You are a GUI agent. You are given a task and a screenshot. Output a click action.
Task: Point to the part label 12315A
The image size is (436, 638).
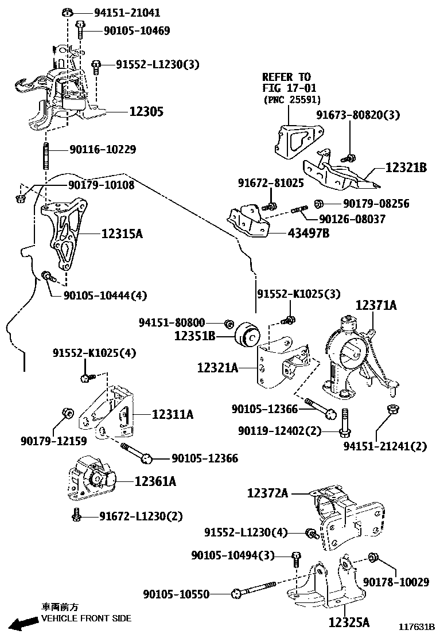tap(122, 234)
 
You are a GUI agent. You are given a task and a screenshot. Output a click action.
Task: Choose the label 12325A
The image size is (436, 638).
tap(349, 621)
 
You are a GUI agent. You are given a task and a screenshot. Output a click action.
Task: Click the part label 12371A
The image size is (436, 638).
tap(376, 305)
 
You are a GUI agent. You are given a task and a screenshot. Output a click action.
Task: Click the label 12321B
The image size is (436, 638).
tap(406, 168)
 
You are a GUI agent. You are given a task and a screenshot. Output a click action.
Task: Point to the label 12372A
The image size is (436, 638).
tap(268, 492)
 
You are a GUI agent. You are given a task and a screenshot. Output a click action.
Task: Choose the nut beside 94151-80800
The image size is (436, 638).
tap(228, 323)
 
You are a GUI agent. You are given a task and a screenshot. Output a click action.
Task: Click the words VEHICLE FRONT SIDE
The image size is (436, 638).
tap(86, 618)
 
